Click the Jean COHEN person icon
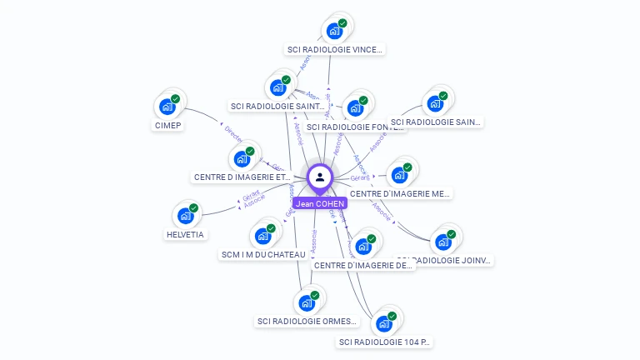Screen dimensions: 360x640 pos(319,177)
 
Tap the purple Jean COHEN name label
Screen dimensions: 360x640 pos(319,203)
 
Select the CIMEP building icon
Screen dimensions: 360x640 pos(167,107)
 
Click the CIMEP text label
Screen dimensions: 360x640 pos(167,126)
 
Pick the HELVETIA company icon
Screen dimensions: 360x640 pos(186,216)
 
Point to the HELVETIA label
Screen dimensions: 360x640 pos(185,235)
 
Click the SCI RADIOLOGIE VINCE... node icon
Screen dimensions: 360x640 pos(335,31)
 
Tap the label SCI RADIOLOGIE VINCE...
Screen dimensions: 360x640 pos(335,50)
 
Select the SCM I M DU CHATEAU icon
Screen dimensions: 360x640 pos(263,236)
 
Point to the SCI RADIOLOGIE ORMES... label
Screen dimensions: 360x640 pos(307,322)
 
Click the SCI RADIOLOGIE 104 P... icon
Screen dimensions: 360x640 pos(384,323)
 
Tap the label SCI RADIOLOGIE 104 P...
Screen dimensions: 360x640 pos(385,342)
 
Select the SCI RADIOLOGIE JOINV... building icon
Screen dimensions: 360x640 pos(443,242)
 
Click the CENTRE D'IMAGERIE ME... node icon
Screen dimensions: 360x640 pos(400,175)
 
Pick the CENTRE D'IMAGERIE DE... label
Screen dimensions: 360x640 pos(363,266)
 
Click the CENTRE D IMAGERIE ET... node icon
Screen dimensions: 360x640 pos(242,158)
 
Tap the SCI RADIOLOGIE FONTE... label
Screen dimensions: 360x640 pos(356,127)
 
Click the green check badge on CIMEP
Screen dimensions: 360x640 pos(176,98)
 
